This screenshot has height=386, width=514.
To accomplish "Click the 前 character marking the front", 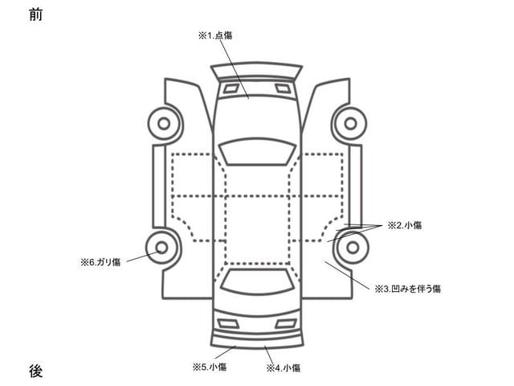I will pos(35,14).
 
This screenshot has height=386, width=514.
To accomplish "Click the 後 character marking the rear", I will pos(35,371).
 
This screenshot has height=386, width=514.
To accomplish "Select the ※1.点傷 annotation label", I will pos(214,35).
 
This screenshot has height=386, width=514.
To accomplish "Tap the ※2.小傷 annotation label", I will pos(405,225).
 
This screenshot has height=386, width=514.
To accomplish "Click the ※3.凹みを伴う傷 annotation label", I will pos(407,287).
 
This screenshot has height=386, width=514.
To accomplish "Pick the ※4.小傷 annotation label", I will pos(283,368).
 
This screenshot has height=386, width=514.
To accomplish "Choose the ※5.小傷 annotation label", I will pos(210,368).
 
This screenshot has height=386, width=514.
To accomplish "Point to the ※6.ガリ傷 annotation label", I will pos(100,261).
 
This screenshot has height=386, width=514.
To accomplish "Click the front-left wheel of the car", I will pos(164,123).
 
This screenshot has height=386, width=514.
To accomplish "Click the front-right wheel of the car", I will pos(349,123).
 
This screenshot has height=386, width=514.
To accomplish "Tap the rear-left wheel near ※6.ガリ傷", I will pos(162,247).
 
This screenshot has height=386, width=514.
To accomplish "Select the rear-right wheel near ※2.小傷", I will pos(350,247).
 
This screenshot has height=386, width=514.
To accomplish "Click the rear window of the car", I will pos(256,281).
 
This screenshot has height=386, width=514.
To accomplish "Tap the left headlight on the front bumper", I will pos(230,87).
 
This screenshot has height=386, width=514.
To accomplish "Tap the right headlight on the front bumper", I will pos(282,87).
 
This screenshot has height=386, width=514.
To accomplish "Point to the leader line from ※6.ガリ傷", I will pos(141,256).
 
